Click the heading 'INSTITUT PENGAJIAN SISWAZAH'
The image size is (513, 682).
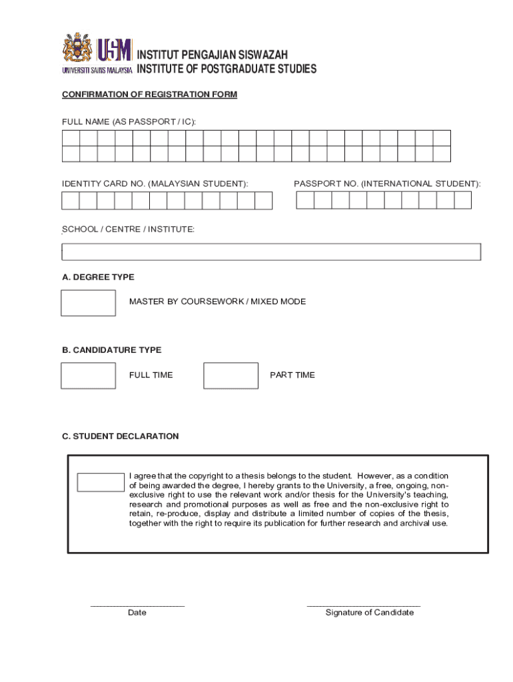[212, 55]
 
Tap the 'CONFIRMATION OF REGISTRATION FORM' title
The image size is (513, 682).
[149, 95]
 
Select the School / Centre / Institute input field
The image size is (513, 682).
[271, 252]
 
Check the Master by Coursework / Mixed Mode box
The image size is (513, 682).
[88, 303]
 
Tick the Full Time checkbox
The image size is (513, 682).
[88, 376]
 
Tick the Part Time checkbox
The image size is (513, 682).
[231, 376]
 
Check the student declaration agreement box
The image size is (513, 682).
[101, 482]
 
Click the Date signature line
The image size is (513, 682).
[137, 605]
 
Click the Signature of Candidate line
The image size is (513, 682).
[364, 605]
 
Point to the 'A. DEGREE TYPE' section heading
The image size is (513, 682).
[98, 277]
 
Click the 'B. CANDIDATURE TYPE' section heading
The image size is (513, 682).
[111, 350]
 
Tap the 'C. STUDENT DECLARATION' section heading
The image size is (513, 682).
[120, 436]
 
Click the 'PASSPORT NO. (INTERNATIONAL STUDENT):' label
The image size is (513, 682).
[387, 183]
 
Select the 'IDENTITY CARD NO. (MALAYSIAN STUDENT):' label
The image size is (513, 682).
[155, 183]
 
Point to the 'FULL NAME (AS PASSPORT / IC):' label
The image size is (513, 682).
[129, 122]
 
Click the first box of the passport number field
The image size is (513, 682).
[305, 200]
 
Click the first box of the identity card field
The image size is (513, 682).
[71, 200]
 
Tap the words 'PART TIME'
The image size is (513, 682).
[292, 375]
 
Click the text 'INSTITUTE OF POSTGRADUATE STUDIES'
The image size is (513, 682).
[227, 69]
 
